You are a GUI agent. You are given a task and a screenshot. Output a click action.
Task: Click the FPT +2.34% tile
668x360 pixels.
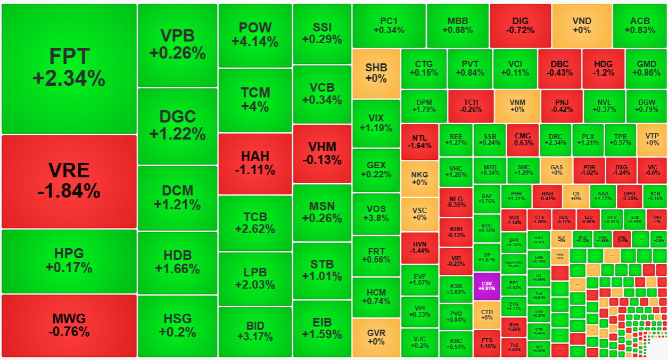click(x=69, y=68)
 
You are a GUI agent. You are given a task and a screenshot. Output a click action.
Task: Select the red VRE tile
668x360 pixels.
click(x=69, y=181)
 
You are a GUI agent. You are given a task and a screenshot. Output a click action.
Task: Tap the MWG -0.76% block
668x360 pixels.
click(x=69, y=325)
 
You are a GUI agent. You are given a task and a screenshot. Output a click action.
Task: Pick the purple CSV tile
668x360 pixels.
click(x=486, y=287)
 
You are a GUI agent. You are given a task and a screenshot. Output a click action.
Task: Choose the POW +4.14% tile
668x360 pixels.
click(x=255, y=35)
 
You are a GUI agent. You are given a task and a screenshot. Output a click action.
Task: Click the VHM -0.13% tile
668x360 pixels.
click(x=322, y=153)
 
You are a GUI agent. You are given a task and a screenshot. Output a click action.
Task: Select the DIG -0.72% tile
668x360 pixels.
click(x=520, y=26)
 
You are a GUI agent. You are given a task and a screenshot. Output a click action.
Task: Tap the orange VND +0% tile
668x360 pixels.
click(x=582, y=26)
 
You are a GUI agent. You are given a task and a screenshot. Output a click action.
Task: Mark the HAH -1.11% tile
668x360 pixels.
click(x=255, y=163)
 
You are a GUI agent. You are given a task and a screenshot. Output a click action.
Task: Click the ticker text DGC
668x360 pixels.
click(x=178, y=117)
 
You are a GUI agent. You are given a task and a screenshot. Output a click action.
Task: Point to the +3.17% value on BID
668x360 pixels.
click(x=255, y=337)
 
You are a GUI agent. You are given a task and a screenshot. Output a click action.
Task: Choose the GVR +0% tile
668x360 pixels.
click(x=376, y=338)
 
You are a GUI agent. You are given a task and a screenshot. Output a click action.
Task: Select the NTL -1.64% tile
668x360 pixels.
click(x=419, y=141)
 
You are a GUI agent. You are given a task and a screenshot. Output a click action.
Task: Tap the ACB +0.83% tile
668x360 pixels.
click(x=640, y=26)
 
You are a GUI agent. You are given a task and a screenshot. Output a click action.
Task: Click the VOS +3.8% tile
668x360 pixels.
click(x=376, y=213)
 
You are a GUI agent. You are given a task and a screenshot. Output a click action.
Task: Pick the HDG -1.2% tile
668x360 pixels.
click(x=603, y=68)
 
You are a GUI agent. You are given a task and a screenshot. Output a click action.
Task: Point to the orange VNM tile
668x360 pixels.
click(x=517, y=106)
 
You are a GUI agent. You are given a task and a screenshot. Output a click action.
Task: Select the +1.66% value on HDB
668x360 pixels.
click(x=178, y=269)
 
